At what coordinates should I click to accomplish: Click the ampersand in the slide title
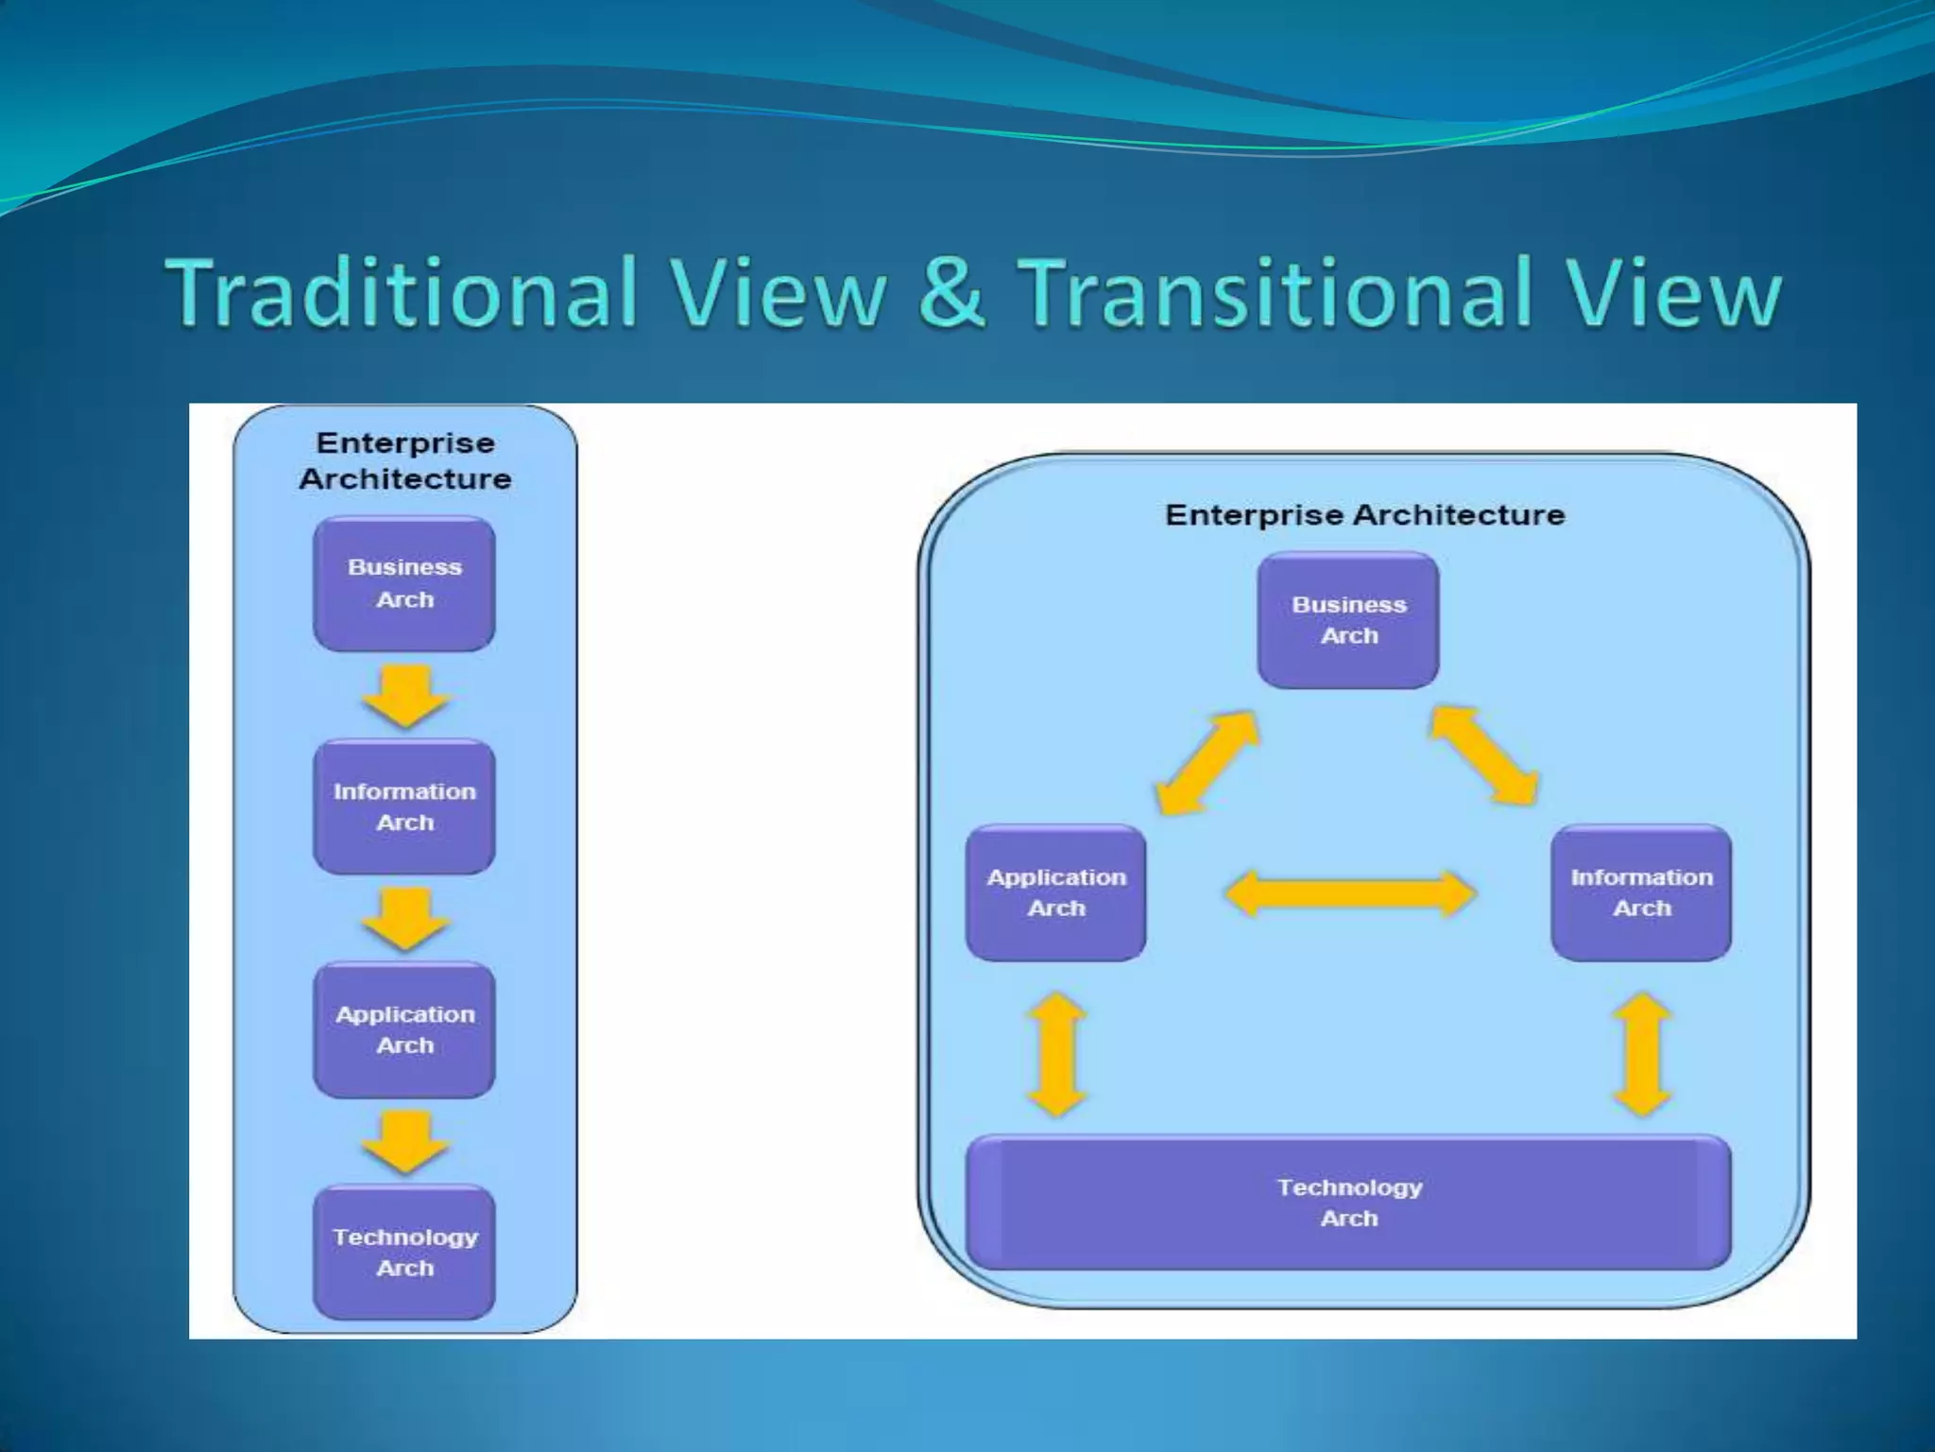point(952,293)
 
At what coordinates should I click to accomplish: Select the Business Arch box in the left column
point(404,583)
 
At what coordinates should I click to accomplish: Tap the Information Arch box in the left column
point(404,806)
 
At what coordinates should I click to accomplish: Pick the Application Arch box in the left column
point(404,1029)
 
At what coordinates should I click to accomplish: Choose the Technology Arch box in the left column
point(404,1252)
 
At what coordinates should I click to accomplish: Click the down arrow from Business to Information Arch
point(405,696)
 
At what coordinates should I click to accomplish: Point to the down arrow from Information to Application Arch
point(405,918)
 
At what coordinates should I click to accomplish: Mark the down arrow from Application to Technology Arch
point(405,1142)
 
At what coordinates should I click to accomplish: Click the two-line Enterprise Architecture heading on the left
point(405,460)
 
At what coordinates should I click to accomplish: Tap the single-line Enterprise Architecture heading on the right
point(1364,515)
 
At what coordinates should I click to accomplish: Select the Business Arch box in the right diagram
point(1348,620)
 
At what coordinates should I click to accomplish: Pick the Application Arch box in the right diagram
point(1056,892)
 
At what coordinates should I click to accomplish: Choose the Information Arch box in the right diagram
point(1641,892)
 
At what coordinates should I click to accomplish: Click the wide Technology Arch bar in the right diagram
point(1348,1202)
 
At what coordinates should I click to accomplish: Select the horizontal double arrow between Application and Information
point(1349,893)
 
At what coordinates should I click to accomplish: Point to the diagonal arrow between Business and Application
point(1207,762)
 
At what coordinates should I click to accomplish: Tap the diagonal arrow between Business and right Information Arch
point(1485,756)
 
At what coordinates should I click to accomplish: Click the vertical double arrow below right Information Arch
point(1643,1054)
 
